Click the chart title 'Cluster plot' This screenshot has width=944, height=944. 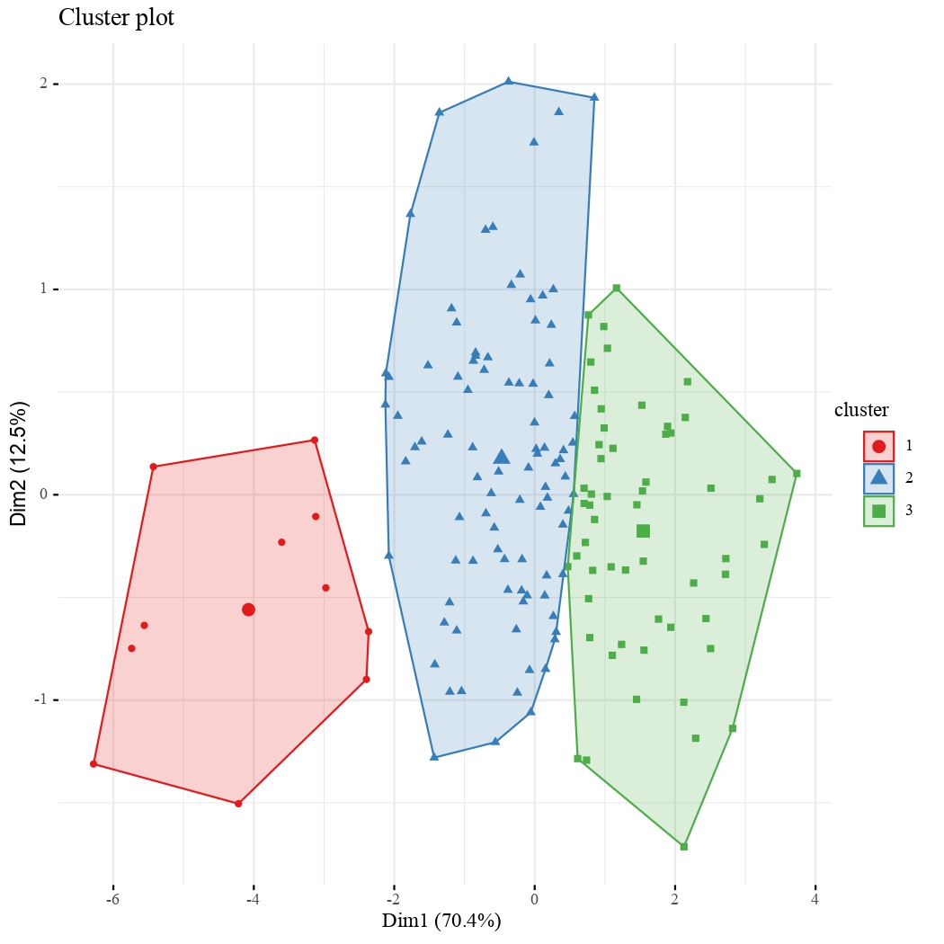click(116, 18)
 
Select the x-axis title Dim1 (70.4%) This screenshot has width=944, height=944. click(441, 921)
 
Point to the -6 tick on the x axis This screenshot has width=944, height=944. click(113, 899)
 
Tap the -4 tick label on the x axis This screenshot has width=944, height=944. click(253, 899)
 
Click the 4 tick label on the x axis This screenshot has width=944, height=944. click(815, 899)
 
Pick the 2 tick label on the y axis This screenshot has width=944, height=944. click(42, 84)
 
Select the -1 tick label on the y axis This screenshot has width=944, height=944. click(40, 700)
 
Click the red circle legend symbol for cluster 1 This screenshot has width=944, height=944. click(878, 446)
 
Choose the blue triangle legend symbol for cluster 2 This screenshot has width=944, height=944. click(878, 477)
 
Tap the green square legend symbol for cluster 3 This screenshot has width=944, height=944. click(878, 511)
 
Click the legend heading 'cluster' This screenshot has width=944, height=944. click(861, 411)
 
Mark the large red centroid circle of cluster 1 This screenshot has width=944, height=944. click(248, 610)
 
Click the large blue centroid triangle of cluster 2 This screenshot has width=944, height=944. click(502, 457)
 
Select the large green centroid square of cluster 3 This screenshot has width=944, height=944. click(643, 531)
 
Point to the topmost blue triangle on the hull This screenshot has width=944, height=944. click(508, 81)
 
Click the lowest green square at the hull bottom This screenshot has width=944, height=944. click(684, 846)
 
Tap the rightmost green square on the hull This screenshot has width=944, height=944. click(797, 473)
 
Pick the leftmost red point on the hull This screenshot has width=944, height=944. click(94, 764)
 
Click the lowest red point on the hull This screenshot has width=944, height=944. click(238, 804)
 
